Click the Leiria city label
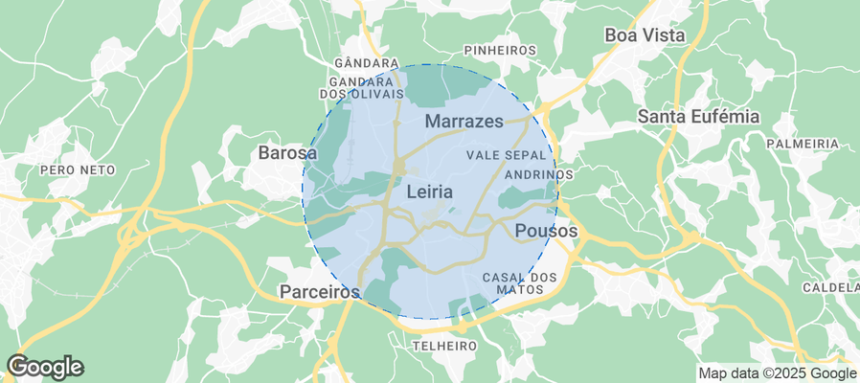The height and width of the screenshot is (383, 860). pyautogui.click(x=429, y=191)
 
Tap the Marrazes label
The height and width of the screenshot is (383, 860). pyautogui.click(x=464, y=122)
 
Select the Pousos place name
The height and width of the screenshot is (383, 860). pyautogui.click(x=546, y=231)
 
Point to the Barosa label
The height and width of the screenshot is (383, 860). pyautogui.click(x=287, y=152)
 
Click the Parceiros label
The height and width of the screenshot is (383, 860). pyautogui.click(x=319, y=290)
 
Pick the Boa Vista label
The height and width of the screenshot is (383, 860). pyautogui.click(x=645, y=35)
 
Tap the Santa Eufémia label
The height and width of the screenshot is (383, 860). pyautogui.click(x=698, y=117)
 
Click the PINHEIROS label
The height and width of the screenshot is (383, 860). pyautogui.click(x=499, y=50)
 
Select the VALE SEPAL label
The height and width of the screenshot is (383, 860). pyautogui.click(x=507, y=154)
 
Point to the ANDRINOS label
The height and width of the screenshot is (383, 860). pyautogui.click(x=538, y=174)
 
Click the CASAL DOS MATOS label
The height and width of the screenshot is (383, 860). pyautogui.click(x=519, y=282)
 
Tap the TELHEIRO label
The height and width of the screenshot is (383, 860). pyautogui.click(x=443, y=345)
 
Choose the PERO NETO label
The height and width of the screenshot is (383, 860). pyautogui.click(x=78, y=169)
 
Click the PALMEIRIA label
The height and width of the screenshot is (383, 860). pyautogui.click(x=803, y=144)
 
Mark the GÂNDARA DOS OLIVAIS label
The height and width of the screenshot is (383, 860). pyautogui.click(x=361, y=88)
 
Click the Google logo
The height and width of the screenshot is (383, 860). pyautogui.click(x=44, y=367)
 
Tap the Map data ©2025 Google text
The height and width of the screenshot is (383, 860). pyautogui.click(x=777, y=373)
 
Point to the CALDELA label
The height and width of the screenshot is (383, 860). pyautogui.click(x=830, y=287)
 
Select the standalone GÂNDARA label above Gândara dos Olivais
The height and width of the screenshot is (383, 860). pyautogui.click(x=358, y=63)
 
